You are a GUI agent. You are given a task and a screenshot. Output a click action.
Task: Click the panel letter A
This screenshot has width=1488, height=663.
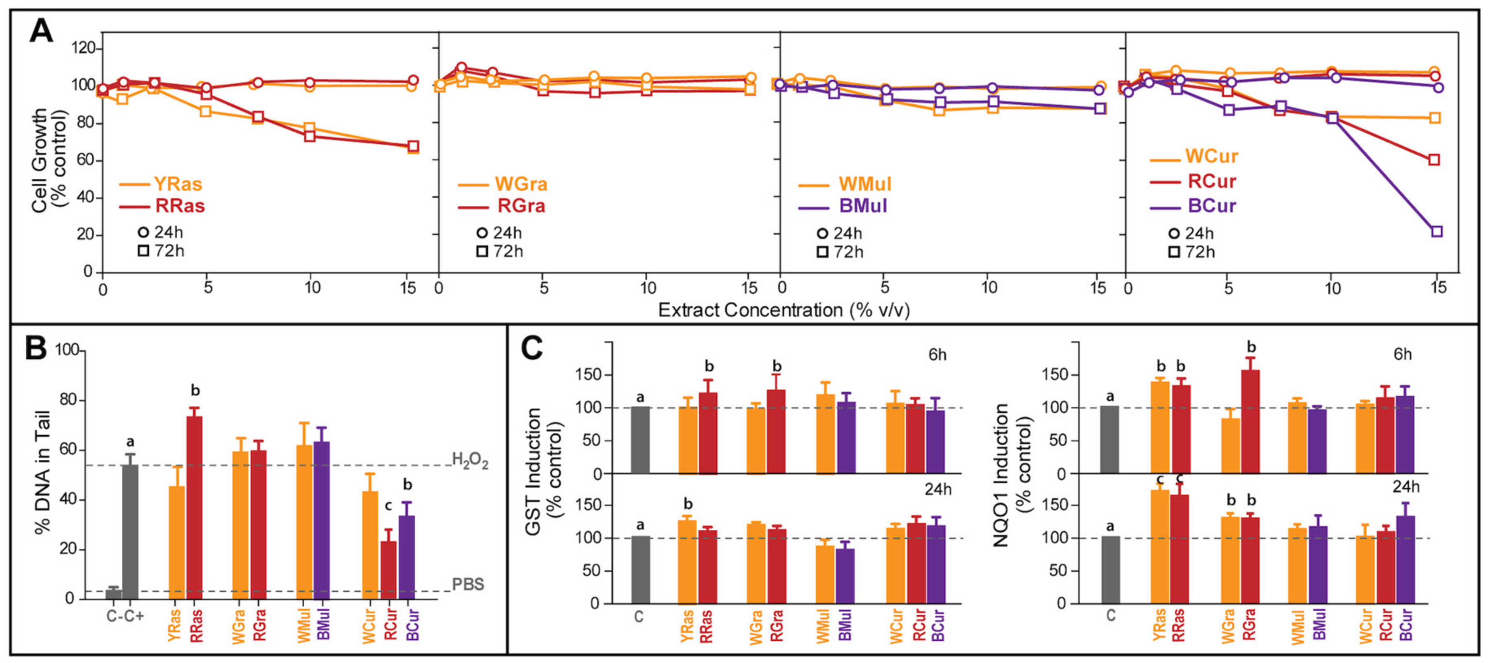(x=42, y=32)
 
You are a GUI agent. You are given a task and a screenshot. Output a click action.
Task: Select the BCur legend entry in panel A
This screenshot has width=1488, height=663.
(x=1212, y=206)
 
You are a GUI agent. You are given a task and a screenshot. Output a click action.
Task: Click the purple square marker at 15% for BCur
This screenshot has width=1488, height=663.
(x=1437, y=232)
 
